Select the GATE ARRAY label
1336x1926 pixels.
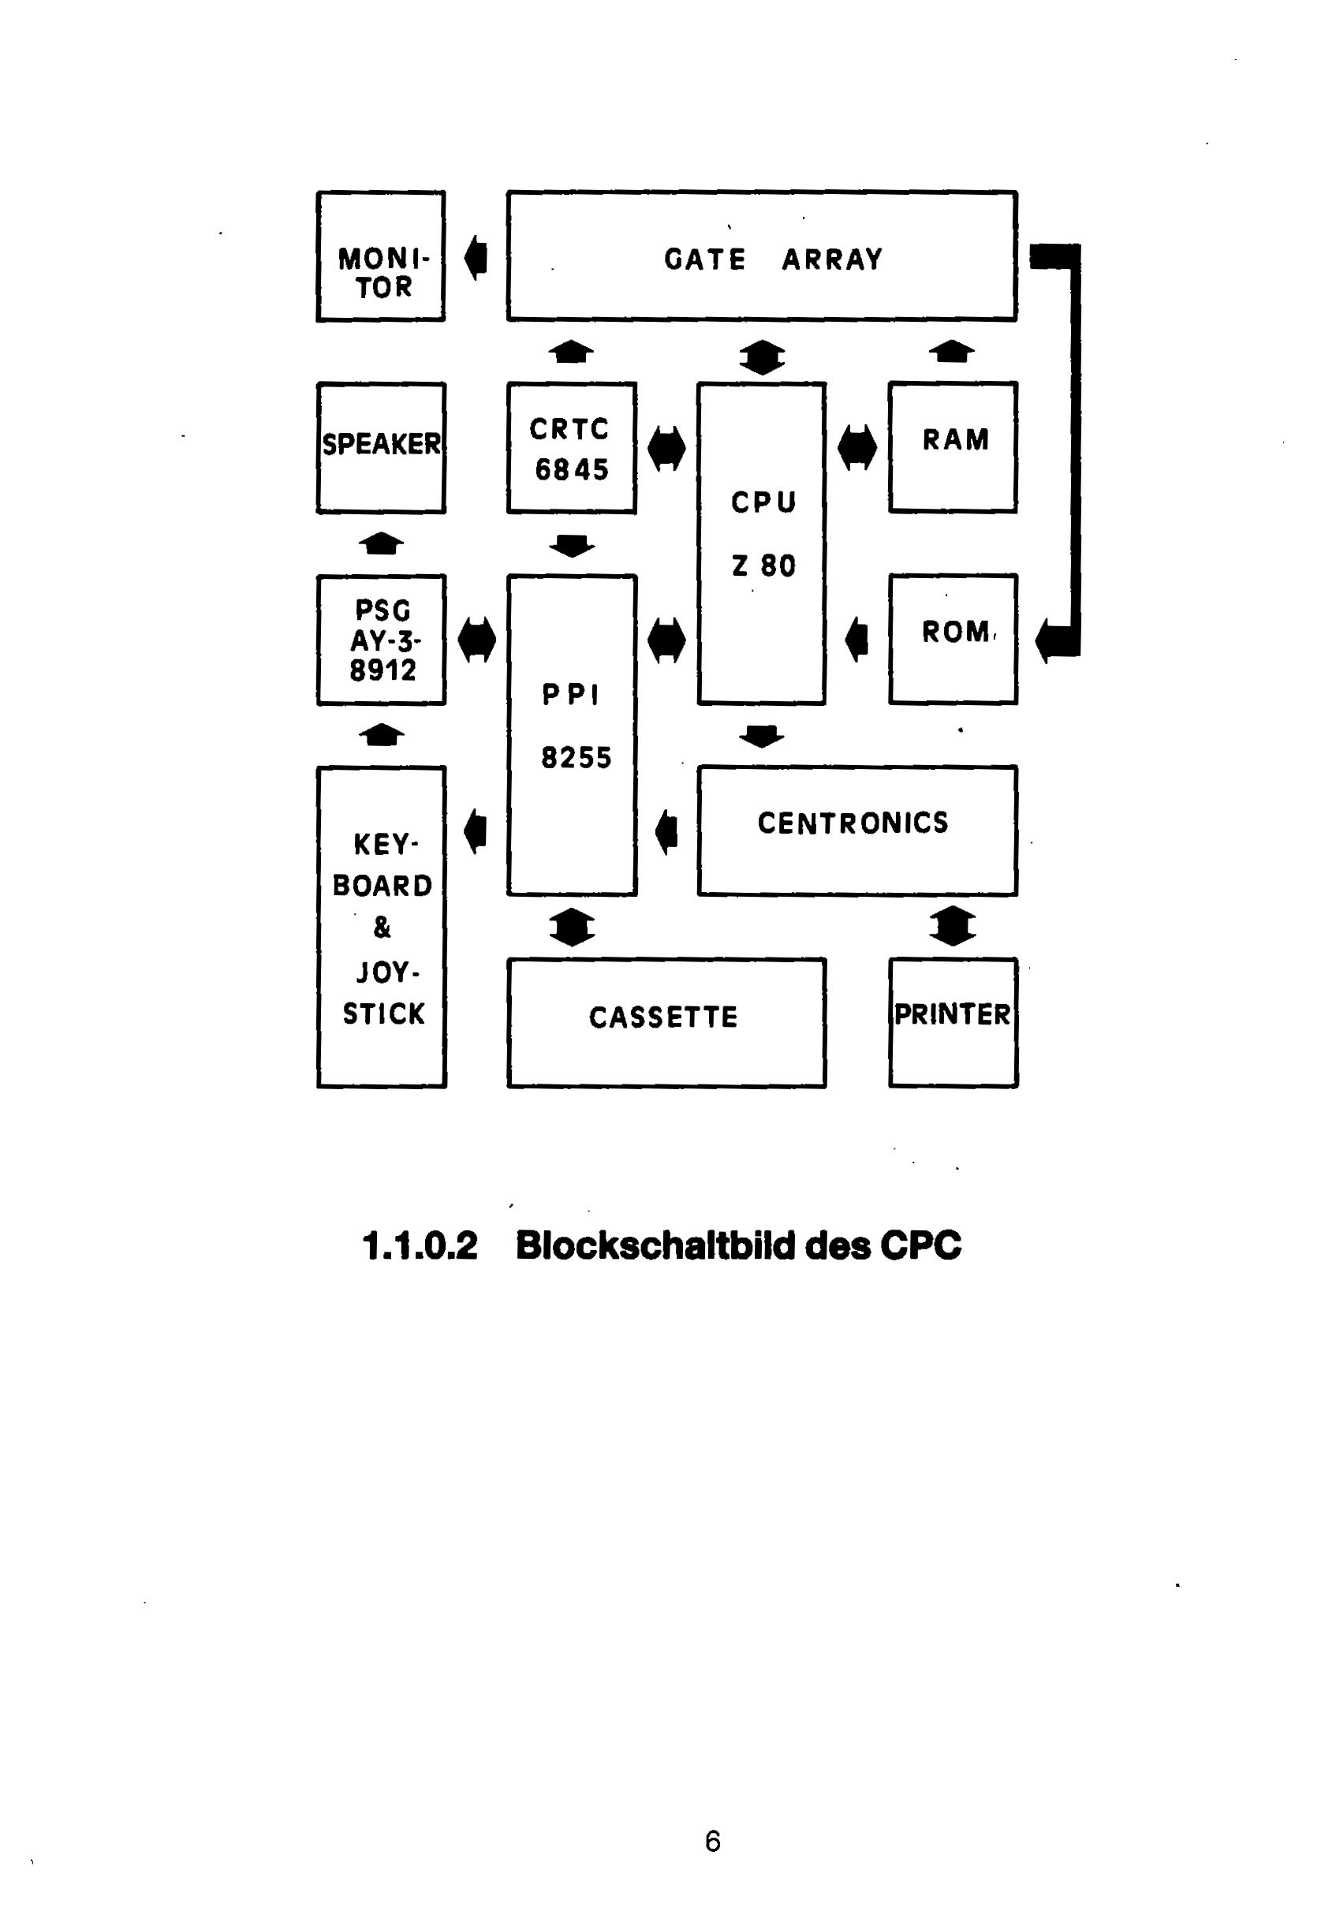(x=774, y=259)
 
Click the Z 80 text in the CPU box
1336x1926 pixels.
(x=763, y=566)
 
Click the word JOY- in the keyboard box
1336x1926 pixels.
(x=387, y=972)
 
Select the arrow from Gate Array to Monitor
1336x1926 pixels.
(x=476, y=257)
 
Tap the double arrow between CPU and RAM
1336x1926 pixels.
(x=857, y=448)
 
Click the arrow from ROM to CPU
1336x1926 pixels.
(x=856, y=640)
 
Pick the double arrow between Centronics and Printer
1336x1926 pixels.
(x=953, y=927)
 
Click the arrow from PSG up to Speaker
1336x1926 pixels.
(x=381, y=544)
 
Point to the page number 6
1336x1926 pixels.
(x=712, y=1842)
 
